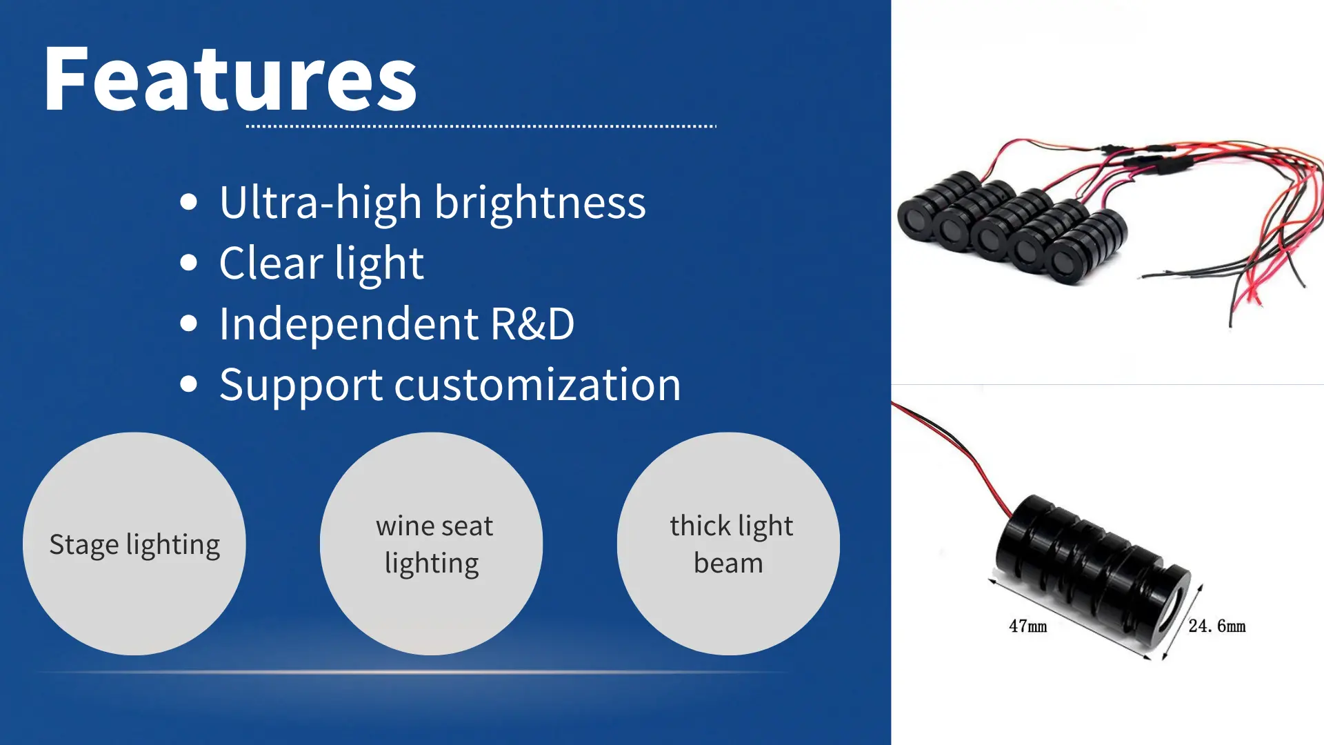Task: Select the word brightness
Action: (540, 203)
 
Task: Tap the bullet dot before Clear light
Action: (188, 263)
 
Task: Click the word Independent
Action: (348, 324)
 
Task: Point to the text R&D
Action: (532, 324)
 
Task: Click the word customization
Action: (537, 384)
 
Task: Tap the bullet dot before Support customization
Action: (188, 384)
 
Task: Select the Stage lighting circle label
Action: (134, 544)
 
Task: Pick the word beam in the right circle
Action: (728, 564)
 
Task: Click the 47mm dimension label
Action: (1027, 626)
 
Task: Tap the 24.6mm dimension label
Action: (1216, 626)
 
